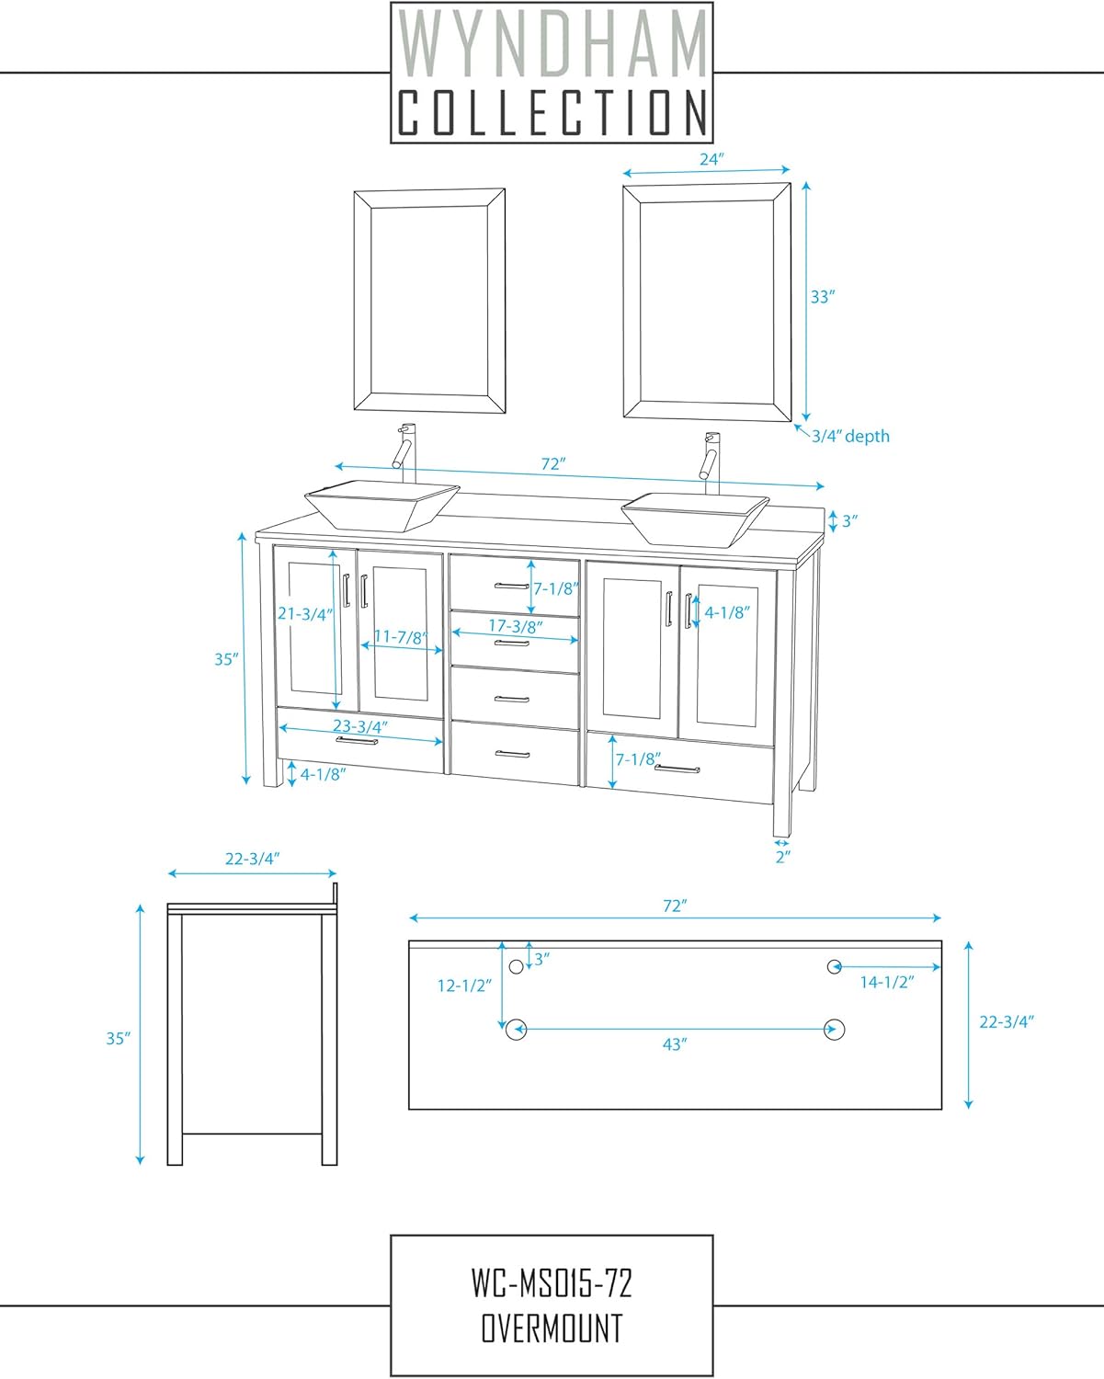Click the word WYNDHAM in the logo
(x=552, y=42)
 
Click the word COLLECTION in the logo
(x=552, y=112)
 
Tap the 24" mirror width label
(x=711, y=159)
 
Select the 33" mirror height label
(x=823, y=297)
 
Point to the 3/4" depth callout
(x=851, y=436)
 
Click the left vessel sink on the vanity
(x=381, y=505)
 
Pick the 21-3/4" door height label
(x=305, y=614)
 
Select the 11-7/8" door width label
(x=400, y=637)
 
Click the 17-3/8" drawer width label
(x=516, y=625)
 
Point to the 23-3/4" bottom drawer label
(x=360, y=726)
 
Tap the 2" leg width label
(x=782, y=857)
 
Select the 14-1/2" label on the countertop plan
(x=887, y=982)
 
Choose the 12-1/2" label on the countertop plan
(x=464, y=986)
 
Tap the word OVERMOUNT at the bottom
(x=552, y=1328)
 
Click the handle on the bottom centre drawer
(x=513, y=754)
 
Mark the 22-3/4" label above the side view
(x=253, y=858)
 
